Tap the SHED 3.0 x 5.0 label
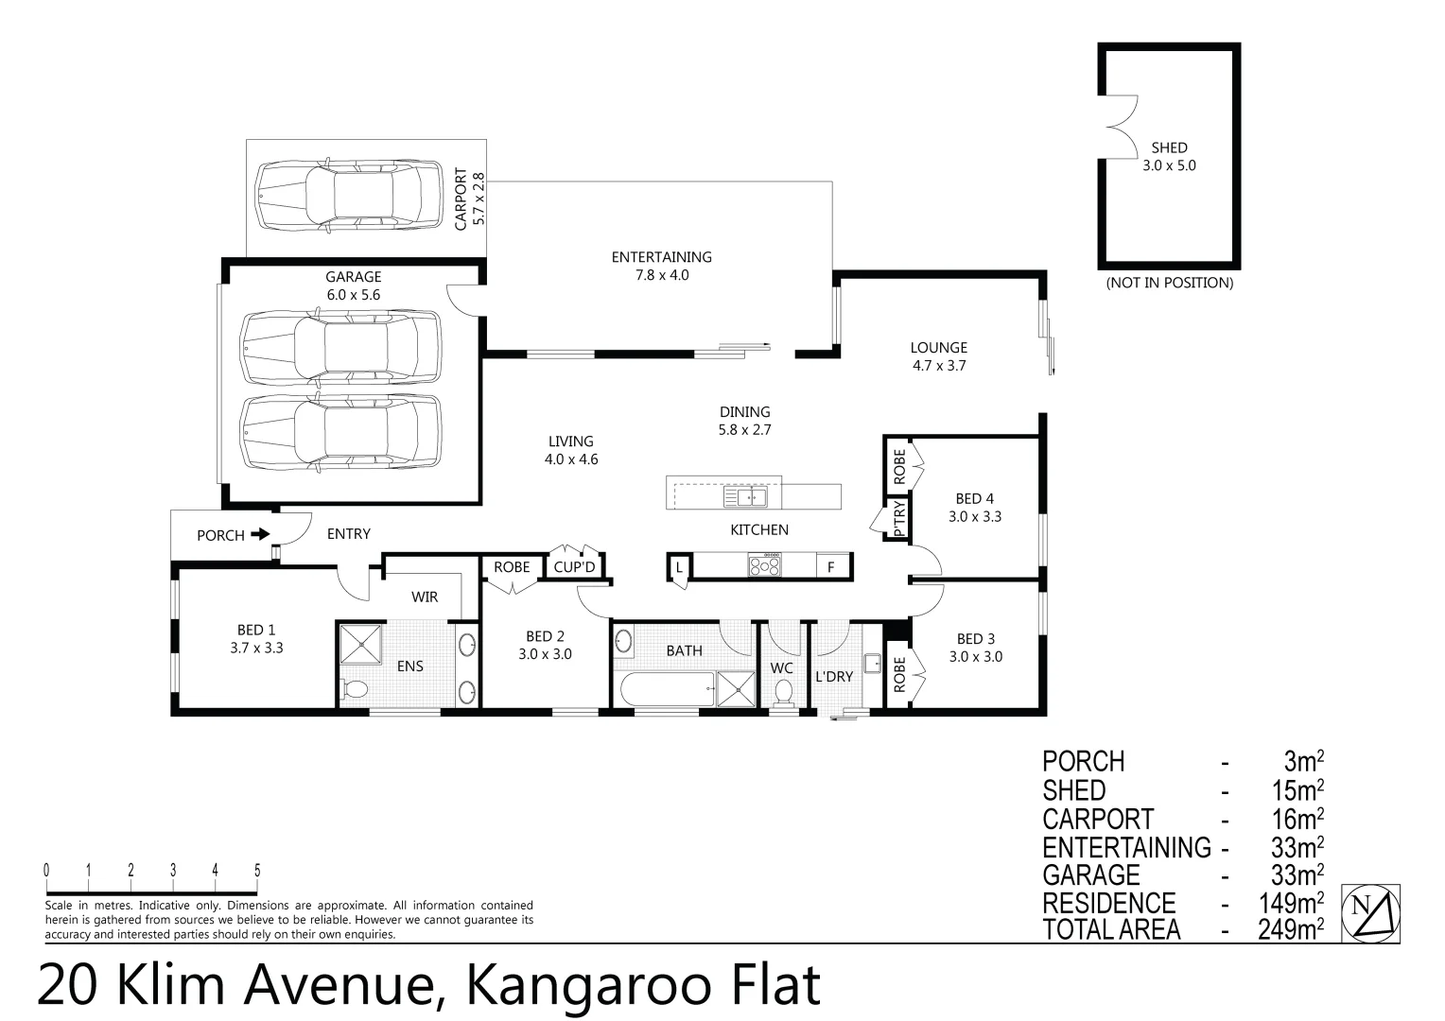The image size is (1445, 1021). coord(1169,156)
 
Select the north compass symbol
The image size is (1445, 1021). coord(1370,913)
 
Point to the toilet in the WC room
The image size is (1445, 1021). coord(783,694)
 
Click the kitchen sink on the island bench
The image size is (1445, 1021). coord(745,497)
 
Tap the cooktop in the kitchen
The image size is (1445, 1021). coord(765,566)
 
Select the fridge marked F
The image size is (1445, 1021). coord(831,567)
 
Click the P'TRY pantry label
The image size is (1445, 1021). coord(898,519)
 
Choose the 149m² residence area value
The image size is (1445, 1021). coord(1291,904)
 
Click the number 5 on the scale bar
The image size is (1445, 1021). coord(257,871)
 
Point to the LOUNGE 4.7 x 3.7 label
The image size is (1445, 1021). coord(938,356)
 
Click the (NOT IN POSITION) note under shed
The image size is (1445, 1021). coord(1169,283)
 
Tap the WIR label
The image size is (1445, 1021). coord(425,597)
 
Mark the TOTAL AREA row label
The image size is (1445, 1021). coord(1111,930)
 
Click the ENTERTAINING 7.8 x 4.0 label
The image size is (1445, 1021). coord(661,266)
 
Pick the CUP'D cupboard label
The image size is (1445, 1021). coord(574,567)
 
